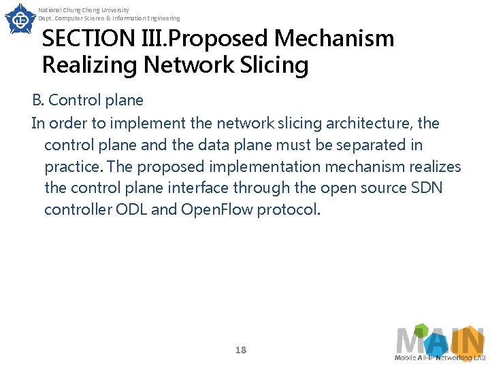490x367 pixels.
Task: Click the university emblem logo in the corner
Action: [20, 18]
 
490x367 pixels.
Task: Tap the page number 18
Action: [240, 350]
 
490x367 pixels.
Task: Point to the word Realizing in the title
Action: [88, 66]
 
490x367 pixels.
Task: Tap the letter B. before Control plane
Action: [39, 101]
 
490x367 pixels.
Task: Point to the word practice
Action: [73, 167]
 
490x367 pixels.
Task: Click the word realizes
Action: [435, 167]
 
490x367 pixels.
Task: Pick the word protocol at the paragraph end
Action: [288, 210]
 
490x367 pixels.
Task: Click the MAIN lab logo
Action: [440, 343]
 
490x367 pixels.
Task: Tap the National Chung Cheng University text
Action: [84, 10]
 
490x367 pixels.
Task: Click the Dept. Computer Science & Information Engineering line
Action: [109, 18]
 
